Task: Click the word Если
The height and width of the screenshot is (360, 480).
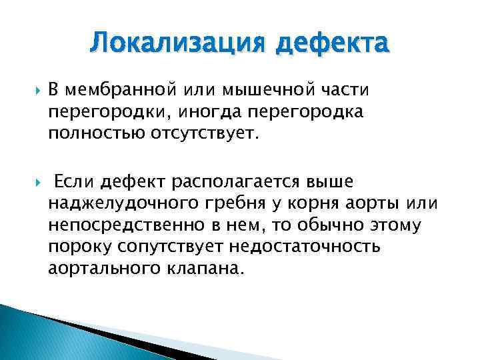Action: tap(75, 181)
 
